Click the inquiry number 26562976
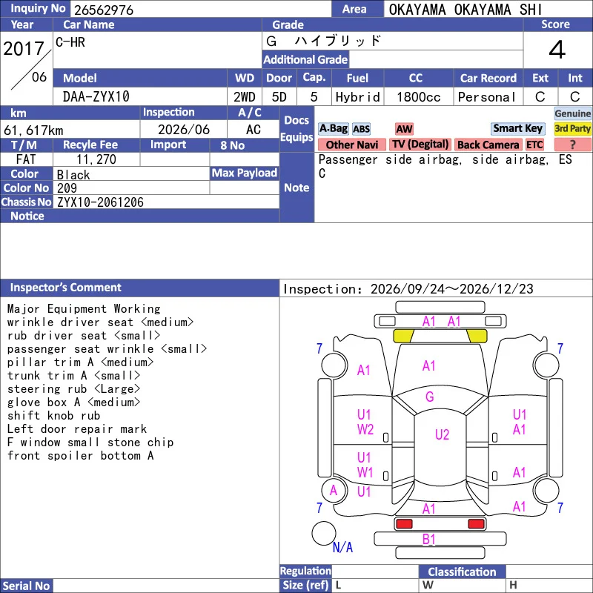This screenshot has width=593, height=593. coord(104,10)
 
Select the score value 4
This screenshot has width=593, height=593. coord(557,50)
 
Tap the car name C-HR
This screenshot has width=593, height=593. coord(70,42)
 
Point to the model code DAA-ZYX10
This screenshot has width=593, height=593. coord(96,97)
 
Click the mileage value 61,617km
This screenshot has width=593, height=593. coord(33,130)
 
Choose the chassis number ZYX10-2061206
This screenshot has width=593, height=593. coord(100,202)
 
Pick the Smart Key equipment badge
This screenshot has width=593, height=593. coord(517,128)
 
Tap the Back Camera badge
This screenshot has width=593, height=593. coord(488,145)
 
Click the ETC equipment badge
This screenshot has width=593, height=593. coord(534,145)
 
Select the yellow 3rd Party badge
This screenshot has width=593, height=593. coord(572,128)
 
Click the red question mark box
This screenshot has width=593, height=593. coord(572,145)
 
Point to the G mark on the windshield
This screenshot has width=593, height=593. coord(430,397)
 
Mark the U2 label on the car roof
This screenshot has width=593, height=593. coord(442,434)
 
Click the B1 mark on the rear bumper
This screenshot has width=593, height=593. coord(429,540)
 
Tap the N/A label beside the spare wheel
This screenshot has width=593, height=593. coord(342,547)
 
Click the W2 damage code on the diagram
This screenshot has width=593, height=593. coord(365,430)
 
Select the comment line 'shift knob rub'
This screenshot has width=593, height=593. coord(53,416)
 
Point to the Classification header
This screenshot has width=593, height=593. coord(462,572)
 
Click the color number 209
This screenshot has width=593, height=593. coord(67,188)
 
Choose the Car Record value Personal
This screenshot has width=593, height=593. coord(487,97)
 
